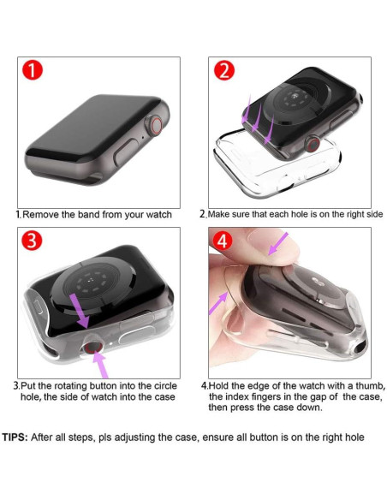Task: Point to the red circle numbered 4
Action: pyautogui.click(x=223, y=242)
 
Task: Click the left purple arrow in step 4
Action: pyautogui.click(x=219, y=300)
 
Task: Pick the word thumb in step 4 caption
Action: pyautogui.click(x=365, y=386)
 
